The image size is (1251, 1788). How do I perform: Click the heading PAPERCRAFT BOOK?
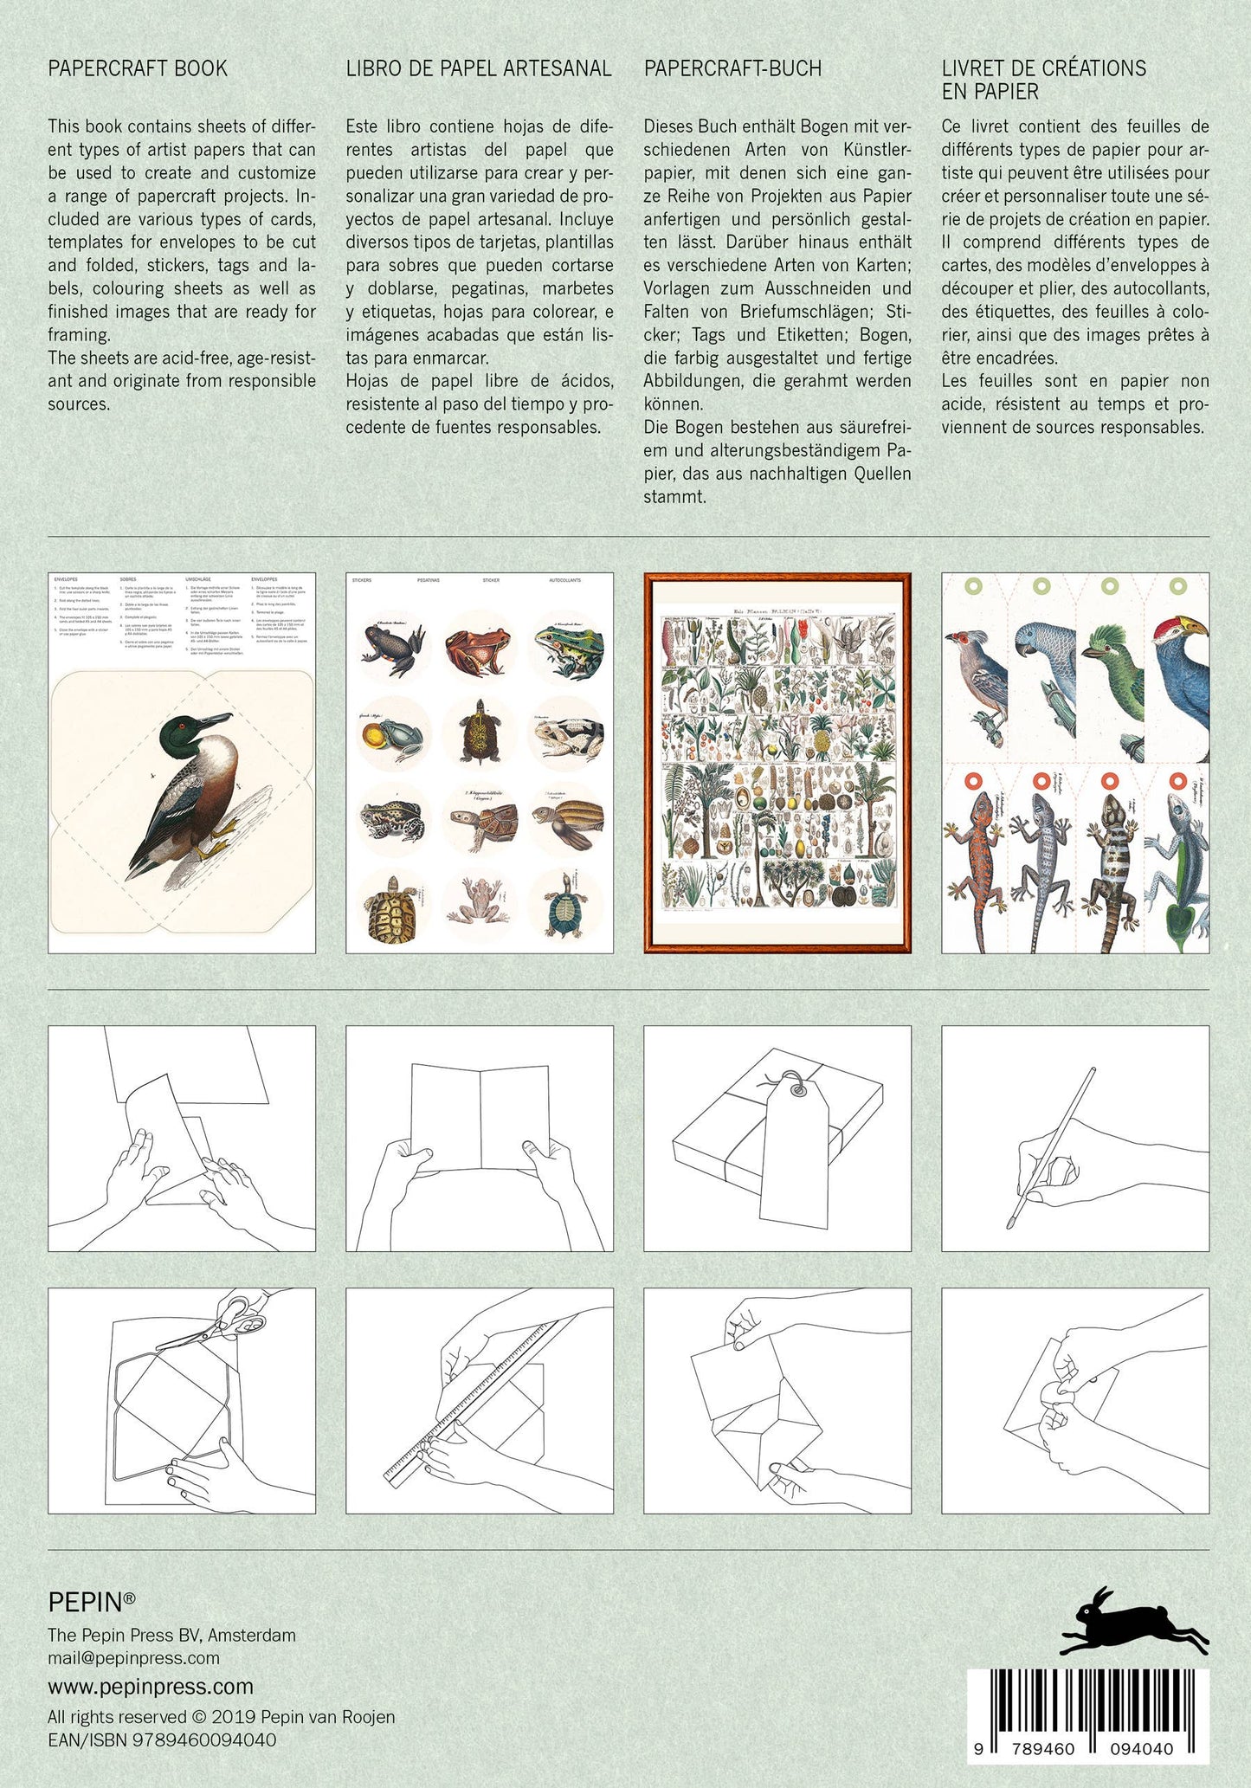(138, 68)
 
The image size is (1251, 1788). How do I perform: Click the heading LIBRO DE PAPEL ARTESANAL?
(479, 68)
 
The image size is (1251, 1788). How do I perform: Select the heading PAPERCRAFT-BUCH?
(732, 68)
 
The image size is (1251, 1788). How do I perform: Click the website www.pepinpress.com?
(151, 1686)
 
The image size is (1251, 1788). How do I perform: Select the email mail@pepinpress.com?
(134, 1657)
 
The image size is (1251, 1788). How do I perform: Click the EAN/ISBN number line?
(162, 1740)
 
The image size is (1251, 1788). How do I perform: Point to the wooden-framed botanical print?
(777, 762)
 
